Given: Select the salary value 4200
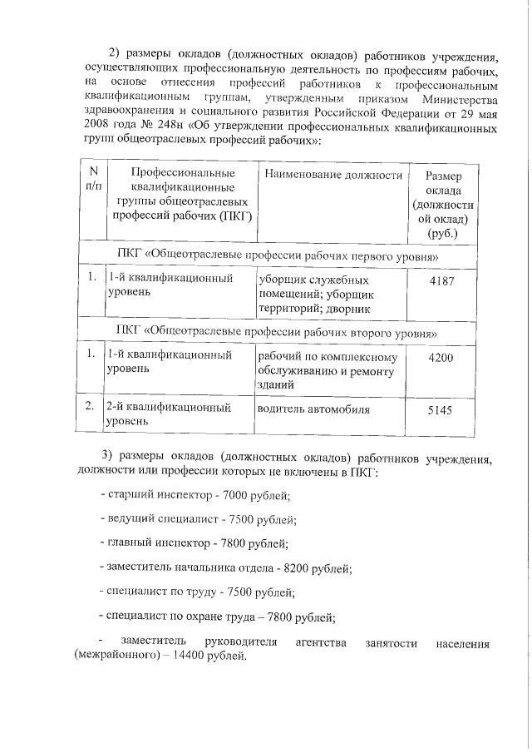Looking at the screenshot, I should [444, 356].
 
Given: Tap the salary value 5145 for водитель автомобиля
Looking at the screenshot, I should [444, 411].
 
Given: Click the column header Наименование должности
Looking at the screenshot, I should [334, 175].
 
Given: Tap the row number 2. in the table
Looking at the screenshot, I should [89, 407].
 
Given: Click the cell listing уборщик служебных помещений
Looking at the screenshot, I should [316, 294].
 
